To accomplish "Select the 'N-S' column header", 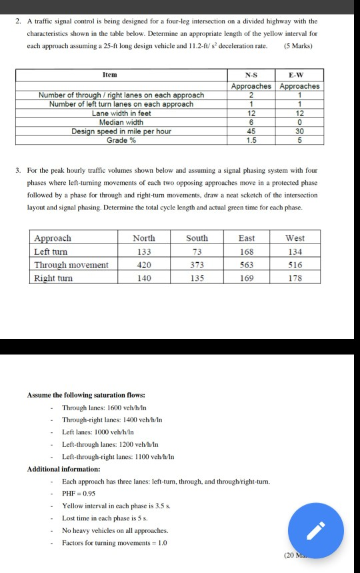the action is tap(251, 75).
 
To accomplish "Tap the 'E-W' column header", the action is tap(300, 75).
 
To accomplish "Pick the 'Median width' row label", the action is tap(121, 122).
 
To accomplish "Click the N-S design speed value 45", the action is tap(251, 131).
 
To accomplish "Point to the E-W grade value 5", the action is tap(300, 140).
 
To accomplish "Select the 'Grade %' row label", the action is tap(121, 140).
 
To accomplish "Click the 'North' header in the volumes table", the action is tap(144, 238).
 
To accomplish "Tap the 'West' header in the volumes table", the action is tap(295, 238).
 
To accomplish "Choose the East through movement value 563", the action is tap(247, 265).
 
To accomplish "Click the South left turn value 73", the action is tap(197, 251).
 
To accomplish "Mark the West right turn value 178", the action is tap(295, 278).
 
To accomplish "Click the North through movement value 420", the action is tap(144, 265).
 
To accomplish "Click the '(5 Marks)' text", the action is tap(299, 46).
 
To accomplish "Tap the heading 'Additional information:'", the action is tap(64, 469).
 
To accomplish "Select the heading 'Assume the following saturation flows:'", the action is tap(86, 396).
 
